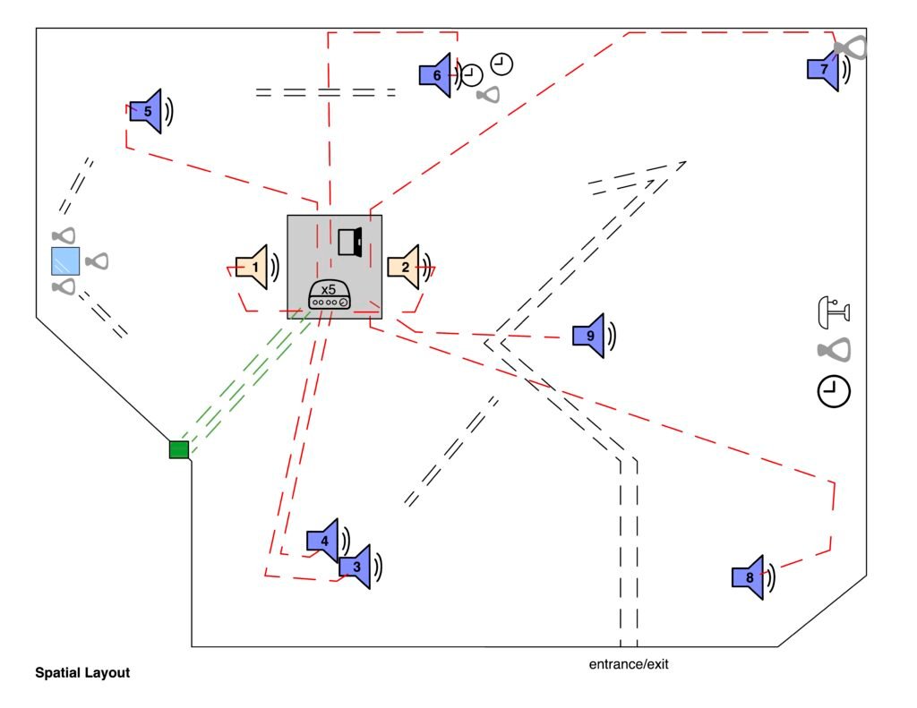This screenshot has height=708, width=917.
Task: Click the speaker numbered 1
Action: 253,267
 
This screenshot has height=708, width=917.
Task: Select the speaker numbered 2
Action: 404,267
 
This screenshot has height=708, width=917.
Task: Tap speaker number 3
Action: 356,566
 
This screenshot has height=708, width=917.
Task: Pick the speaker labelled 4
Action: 323,541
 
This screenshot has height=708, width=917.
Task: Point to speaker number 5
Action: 147,111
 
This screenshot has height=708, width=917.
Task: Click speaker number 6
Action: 436,75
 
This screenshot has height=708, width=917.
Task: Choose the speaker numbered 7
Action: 823,69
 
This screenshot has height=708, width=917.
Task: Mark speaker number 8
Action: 749,577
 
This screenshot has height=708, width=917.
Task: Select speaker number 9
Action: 589,336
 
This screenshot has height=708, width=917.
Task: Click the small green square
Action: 179,449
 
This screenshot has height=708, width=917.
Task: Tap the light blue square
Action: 65,260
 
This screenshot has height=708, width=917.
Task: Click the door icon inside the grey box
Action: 349,242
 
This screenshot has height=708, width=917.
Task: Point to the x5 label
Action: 329,290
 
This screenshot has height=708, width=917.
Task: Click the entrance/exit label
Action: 629,664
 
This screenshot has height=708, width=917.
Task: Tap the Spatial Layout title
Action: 82,672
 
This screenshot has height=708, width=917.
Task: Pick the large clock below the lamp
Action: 834,392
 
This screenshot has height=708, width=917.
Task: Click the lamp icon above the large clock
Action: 834,311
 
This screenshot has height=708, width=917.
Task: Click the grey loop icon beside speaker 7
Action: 852,47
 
